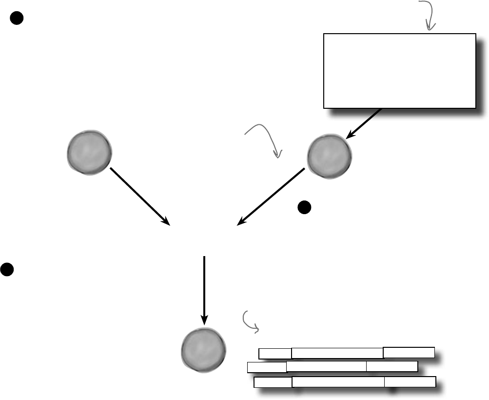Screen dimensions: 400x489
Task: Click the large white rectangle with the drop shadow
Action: [x=399, y=70]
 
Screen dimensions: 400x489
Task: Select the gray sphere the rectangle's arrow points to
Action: [x=329, y=156]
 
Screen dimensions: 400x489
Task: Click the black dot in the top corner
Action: [x=16, y=19]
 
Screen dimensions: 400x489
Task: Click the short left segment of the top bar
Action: [x=274, y=353]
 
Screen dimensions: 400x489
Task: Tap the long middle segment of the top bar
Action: [x=337, y=353]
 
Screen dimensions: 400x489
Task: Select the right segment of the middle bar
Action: [x=392, y=367]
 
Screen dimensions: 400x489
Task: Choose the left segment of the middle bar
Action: [x=267, y=367]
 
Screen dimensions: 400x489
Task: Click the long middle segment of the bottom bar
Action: [x=338, y=382]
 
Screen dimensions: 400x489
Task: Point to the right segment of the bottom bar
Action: [x=410, y=381]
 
